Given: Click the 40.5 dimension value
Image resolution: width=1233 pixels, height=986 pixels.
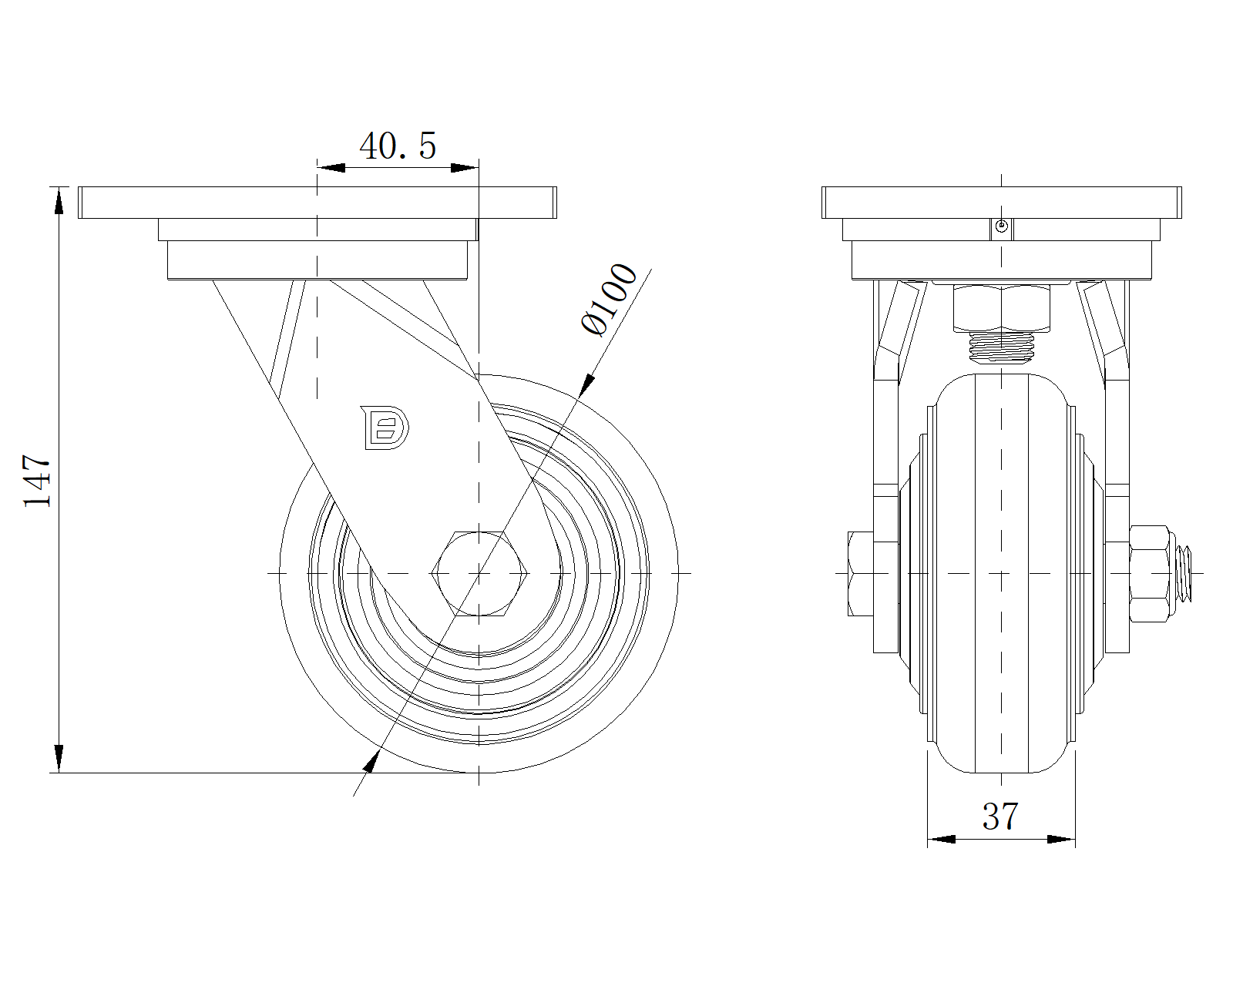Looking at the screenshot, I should pyautogui.click(x=398, y=146).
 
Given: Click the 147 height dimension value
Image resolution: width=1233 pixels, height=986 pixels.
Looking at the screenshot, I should pyautogui.click(x=37, y=481).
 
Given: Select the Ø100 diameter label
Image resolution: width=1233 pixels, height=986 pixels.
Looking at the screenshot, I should pyautogui.click(x=611, y=300).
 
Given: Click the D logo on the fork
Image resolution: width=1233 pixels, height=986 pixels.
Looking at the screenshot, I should pyautogui.click(x=385, y=426).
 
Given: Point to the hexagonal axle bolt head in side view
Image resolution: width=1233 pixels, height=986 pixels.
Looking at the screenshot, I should pyautogui.click(x=479, y=573).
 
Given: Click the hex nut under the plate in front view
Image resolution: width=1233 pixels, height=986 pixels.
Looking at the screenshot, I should pyautogui.click(x=1001, y=307).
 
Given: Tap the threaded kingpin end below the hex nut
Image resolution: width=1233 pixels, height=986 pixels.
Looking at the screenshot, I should pyautogui.click(x=1001, y=347).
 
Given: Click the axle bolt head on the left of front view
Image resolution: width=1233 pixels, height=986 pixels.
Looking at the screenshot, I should pyautogui.click(x=860, y=573).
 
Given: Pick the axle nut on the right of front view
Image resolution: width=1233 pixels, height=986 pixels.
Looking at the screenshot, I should pyautogui.click(x=1147, y=573).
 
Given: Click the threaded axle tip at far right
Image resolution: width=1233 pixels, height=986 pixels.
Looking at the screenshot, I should pyautogui.click(x=1188, y=573).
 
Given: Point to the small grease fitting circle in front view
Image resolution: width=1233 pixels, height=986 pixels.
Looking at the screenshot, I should pyautogui.click(x=1001, y=226).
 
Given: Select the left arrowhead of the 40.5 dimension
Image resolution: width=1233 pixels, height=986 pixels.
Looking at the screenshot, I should pyautogui.click(x=331, y=167).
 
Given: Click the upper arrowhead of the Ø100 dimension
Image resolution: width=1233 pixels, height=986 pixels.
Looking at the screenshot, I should pyautogui.click(x=587, y=385).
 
